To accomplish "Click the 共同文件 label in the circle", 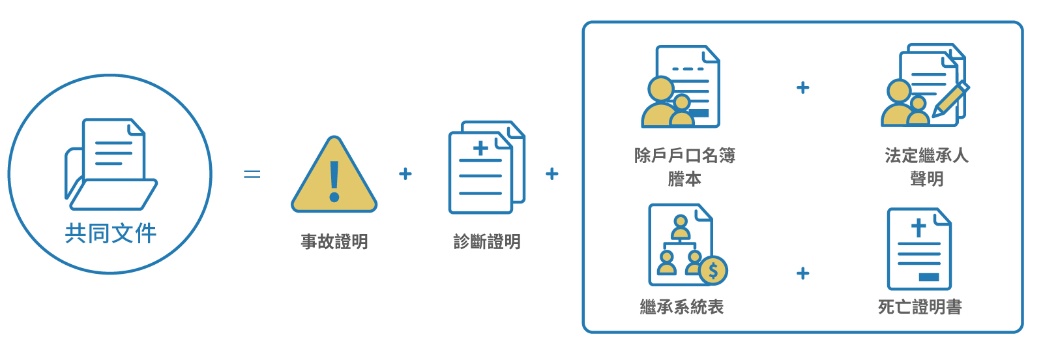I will pos(111,233).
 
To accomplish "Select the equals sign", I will pos(252,174).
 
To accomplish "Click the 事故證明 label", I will pos(334,242).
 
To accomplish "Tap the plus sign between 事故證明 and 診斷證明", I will pos(405,173).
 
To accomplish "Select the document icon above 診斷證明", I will pos(486,167).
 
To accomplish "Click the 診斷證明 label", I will pos(487,242).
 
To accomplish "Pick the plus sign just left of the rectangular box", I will pos(552,173).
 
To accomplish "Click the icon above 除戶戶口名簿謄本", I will pos(682,87).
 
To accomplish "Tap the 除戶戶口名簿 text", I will pos(684,156).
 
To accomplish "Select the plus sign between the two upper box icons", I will pos(803,87).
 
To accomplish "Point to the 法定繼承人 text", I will pos(926,156).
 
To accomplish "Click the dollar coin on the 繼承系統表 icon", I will pos(713,270).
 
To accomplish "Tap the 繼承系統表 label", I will pos(682,307).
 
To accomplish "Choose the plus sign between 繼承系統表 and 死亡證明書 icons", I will pos(803,273).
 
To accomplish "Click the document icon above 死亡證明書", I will pos(919,248).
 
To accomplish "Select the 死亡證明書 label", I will pos(920,307).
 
